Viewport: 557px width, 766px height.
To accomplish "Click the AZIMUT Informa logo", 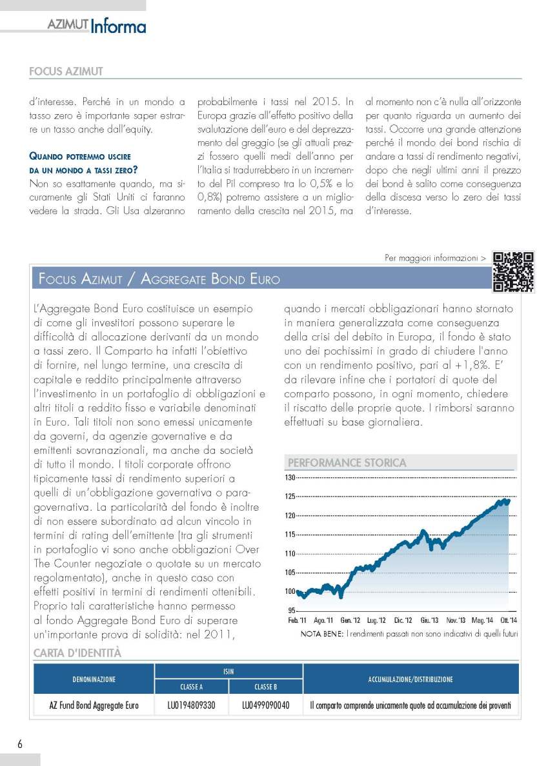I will pyautogui.click(x=96, y=26).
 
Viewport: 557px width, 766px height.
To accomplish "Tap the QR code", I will pyautogui.click(x=513, y=271).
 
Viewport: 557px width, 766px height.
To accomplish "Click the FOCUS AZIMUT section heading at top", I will pyautogui.click(x=66, y=72).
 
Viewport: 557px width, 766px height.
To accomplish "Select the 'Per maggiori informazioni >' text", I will pyautogui.click(x=435, y=258).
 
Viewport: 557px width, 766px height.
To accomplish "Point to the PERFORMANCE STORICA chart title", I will pyautogui.click(x=347, y=462).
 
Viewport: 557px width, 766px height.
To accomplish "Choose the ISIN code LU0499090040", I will pyautogui.click(x=266, y=705).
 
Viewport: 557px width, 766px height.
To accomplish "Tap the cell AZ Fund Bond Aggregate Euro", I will pyautogui.click(x=94, y=705).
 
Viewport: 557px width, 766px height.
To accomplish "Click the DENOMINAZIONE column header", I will pyautogui.click(x=94, y=679).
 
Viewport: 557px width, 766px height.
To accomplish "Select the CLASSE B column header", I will pyautogui.click(x=266, y=687).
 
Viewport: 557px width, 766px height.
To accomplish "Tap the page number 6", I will pyautogui.click(x=20, y=743).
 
